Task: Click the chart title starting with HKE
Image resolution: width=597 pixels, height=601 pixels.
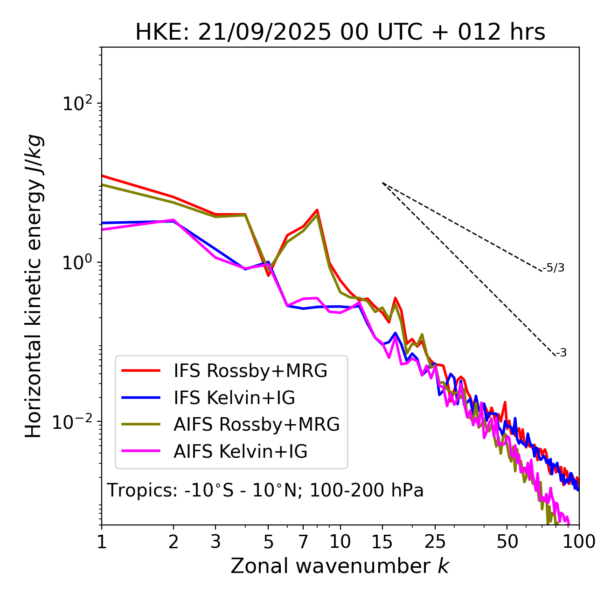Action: (x=340, y=33)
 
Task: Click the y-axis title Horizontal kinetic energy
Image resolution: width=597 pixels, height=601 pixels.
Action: (x=34, y=286)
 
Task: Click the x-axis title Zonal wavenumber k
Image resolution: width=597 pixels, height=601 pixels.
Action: (x=340, y=566)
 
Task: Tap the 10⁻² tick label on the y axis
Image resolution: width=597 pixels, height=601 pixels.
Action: (x=75, y=422)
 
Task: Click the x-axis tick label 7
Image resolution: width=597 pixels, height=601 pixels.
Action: (x=303, y=542)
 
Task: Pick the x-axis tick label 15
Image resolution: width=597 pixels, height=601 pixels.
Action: (x=382, y=542)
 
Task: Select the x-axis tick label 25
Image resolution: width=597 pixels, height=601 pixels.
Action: (x=435, y=542)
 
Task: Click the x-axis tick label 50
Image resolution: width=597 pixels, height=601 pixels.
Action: (x=507, y=542)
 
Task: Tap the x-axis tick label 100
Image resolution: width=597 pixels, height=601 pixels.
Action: (x=579, y=542)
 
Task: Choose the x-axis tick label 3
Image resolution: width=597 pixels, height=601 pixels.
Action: (x=215, y=542)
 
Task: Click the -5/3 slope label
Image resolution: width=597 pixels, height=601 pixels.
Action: (x=554, y=268)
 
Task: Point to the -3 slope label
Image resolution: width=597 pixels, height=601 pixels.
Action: (x=561, y=353)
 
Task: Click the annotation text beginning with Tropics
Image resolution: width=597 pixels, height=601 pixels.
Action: (x=265, y=490)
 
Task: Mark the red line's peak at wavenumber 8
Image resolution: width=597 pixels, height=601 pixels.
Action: (x=317, y=210)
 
